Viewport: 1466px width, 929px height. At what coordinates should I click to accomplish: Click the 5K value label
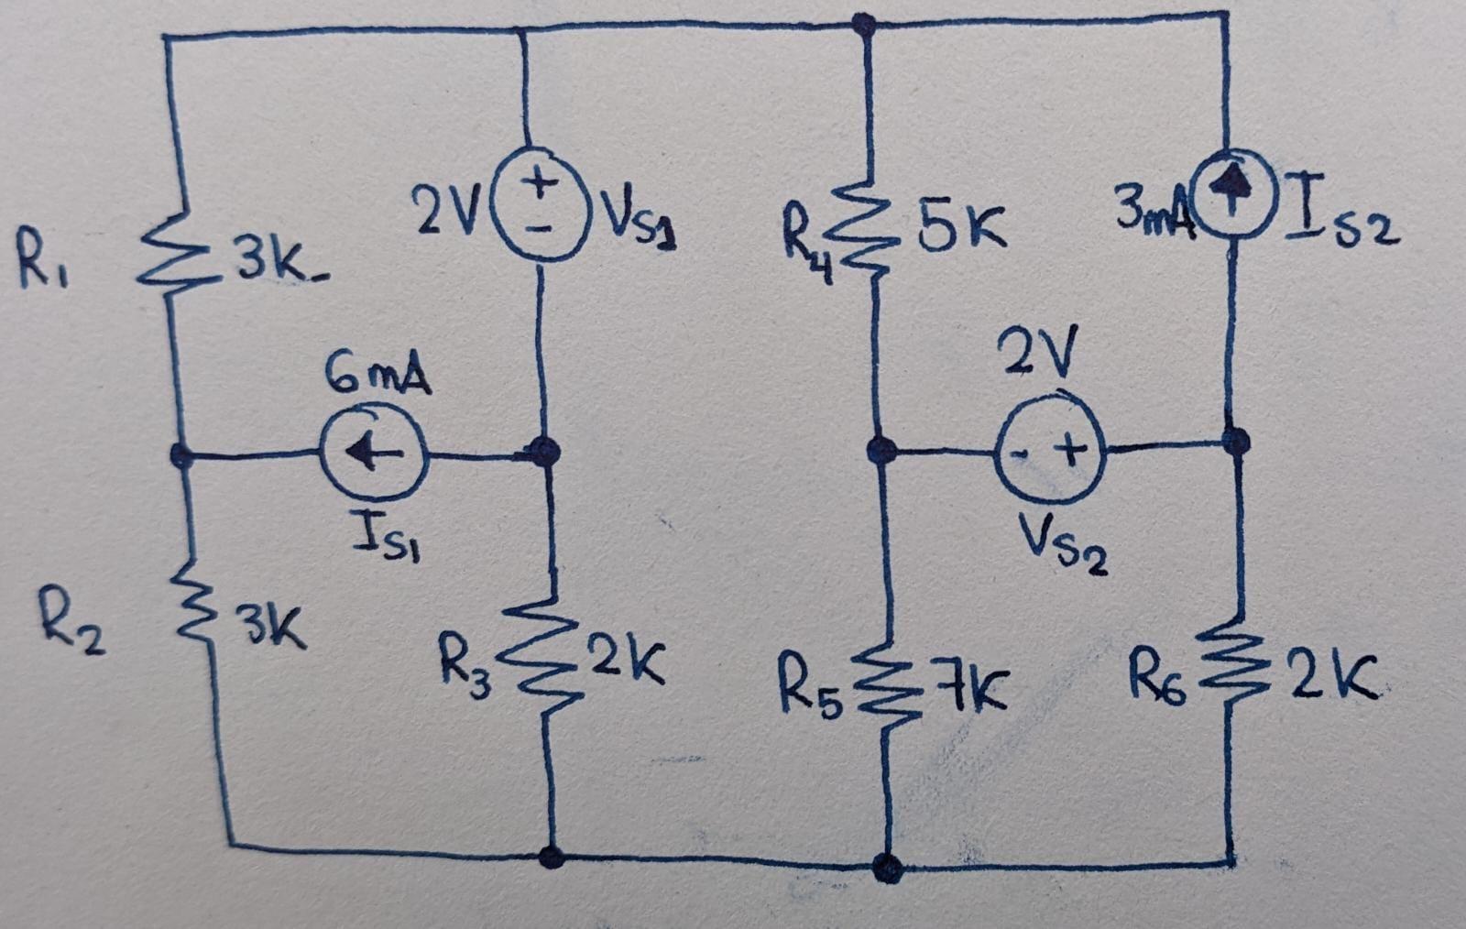click(962, 230)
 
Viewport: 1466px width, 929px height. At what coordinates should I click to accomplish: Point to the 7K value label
click(971, 693)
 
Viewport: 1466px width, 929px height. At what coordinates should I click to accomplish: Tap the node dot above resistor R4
click(861, 25)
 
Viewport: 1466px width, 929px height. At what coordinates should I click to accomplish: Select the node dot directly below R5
click(887, 866)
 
